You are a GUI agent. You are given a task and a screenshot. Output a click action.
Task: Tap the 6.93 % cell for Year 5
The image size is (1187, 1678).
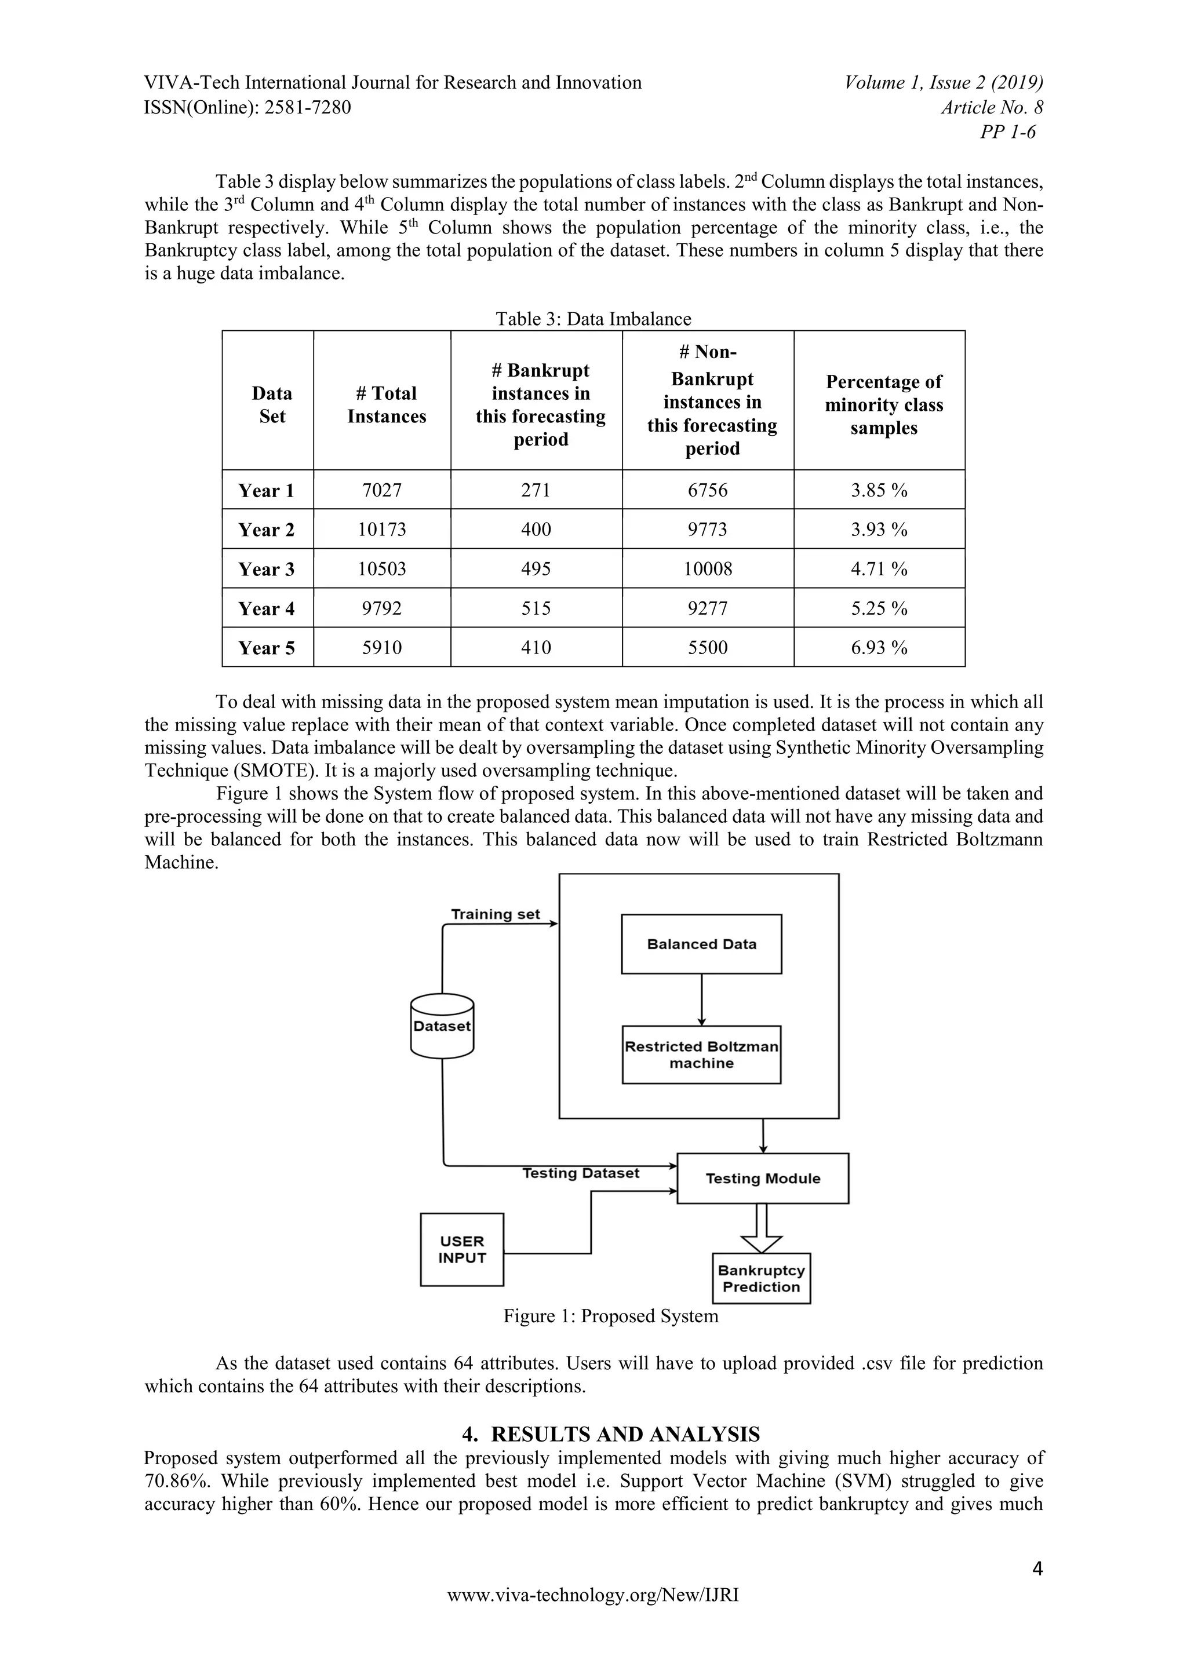point(879,648)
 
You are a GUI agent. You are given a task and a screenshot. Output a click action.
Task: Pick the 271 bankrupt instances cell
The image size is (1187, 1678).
point(536,490)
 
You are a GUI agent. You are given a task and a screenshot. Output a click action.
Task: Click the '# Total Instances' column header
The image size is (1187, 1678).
point(386,404)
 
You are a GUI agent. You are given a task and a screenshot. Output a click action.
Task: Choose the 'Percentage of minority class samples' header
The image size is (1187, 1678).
point(884,404)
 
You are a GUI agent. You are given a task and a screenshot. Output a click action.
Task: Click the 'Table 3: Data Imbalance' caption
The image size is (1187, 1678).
point(593,319)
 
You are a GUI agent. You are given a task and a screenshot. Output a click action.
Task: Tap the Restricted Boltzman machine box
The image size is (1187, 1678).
point(701,1055)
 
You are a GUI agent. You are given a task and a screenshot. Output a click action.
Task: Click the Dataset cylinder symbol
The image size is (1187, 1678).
point(442,1026)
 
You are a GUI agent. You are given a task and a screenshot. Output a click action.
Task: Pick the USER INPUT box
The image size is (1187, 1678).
point(462,1249)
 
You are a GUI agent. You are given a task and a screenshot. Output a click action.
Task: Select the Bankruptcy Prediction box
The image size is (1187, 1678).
point(761,1278)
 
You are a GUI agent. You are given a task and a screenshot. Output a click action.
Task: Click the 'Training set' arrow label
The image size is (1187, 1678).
point(495,914)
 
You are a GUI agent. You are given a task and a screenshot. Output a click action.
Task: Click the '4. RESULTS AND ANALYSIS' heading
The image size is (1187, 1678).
point(610,1434)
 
